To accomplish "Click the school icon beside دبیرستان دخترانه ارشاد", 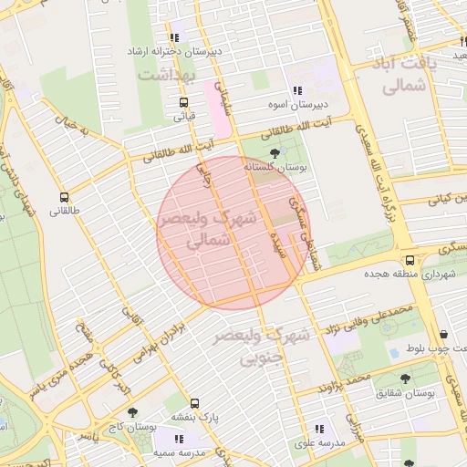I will (179, 37).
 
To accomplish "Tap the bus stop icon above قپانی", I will (184, 102).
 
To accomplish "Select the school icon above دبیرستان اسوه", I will (297, 91).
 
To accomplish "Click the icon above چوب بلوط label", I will (443, 335).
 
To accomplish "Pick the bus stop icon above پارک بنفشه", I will (194, 403).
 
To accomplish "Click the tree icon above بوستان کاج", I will (131, 412).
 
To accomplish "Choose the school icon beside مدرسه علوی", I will (319, 428).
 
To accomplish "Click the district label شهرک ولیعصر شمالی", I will (197, 232).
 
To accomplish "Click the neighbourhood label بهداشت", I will (168, 74).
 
